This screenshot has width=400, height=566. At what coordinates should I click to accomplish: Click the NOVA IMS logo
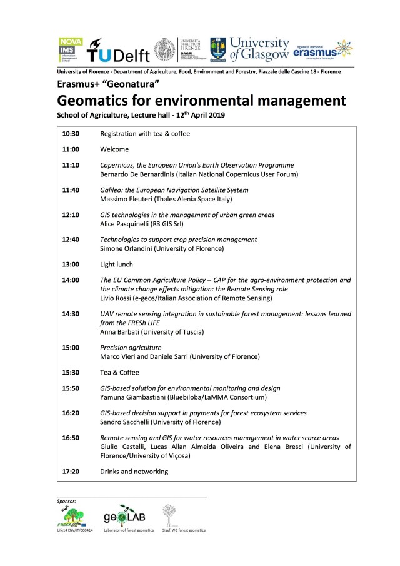pyautogui.click(x=69, y=48)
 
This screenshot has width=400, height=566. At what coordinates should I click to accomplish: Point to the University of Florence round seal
pyautogui.click(x=165, y=48)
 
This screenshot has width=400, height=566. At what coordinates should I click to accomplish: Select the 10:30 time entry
pyautogui.click(x=71, y=134)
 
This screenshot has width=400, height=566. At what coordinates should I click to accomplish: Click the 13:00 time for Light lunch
pyautogui.click(x=71, y=265)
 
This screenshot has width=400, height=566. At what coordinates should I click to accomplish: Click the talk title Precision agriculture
pyautogui.click(x=131, y=347)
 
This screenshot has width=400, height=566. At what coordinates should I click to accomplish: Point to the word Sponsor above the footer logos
pyautogui.click(x=66, y=501)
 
